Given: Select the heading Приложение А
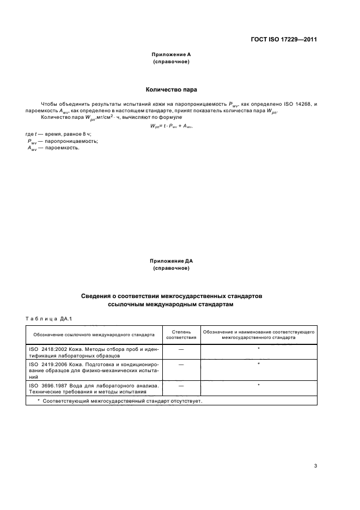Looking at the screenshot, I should (x=171, y=55).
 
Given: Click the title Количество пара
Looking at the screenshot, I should (x=171, y=89).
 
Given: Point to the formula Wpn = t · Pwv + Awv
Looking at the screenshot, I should (x=172, y=126).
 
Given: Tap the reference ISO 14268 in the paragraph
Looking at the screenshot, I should (x=297, y=103).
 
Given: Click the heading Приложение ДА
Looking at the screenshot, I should (x=171, y=262).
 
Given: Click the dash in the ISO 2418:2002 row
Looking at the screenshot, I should (x=180, y=348).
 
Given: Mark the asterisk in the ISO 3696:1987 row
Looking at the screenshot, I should (x=258, y=386).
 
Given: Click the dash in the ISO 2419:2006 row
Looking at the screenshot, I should (x=180, y=363).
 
